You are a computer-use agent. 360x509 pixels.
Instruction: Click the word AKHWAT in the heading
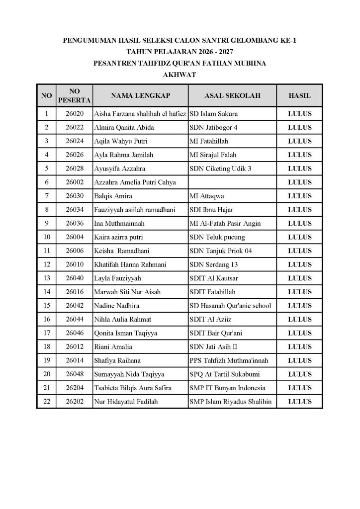pos(180,75)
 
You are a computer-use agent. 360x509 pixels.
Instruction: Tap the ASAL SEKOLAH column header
pos(232,95)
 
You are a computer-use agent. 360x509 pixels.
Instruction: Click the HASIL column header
pos(299,95)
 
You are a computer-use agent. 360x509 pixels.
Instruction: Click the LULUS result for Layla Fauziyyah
pos(299,278)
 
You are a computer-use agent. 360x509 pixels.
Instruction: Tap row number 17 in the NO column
pos(46,333)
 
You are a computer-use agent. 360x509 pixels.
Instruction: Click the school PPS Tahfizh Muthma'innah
pos(228,360)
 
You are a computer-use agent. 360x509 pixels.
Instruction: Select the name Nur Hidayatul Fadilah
pos(126,402)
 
